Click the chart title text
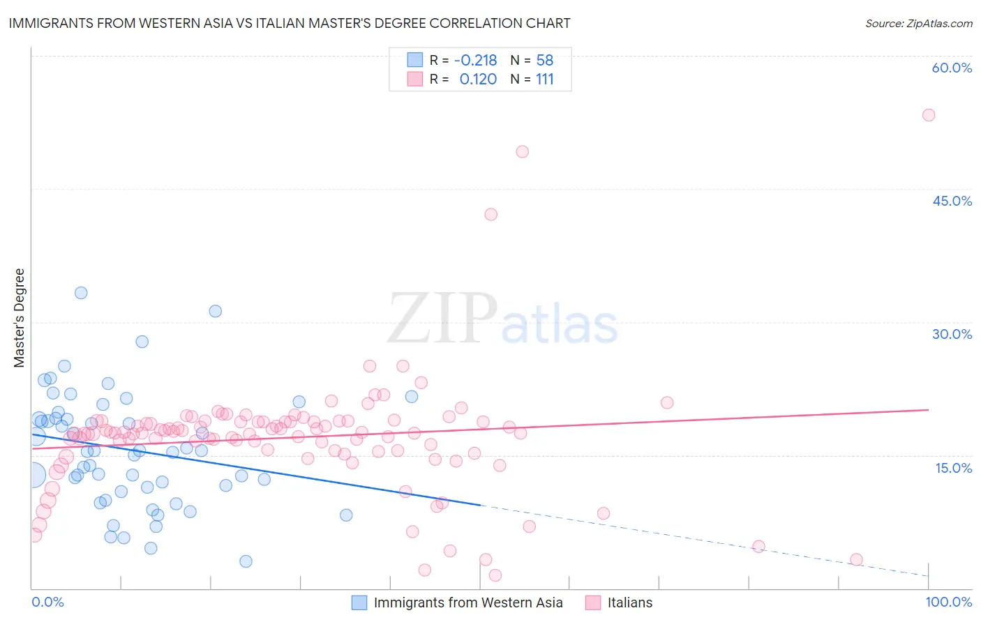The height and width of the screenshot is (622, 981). click(x=290, y=24)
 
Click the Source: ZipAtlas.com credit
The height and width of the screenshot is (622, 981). click(x=918, y=24)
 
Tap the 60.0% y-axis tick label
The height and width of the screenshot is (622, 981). click(x=952, y=68)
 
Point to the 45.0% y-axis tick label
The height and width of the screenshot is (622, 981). click(x=952, y=201)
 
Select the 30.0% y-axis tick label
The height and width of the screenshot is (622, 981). click(x=952, y=334)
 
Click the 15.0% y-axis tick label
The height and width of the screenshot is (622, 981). click(x=953, y=468)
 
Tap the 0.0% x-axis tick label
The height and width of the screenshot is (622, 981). click(x=47, y=602)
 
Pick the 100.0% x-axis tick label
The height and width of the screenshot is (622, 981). click(x=948, y=602)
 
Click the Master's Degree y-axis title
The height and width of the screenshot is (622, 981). click(x=20, y=318)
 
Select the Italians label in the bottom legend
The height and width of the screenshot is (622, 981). click(x=629, y=602)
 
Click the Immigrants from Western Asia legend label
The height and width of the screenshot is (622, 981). click(x=467, y=602)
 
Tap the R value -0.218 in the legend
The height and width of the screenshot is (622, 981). click(x=475, y=60)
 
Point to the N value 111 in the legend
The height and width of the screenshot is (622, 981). click(x=544, y=79)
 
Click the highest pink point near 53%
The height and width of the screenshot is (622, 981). click(x=928, y=115)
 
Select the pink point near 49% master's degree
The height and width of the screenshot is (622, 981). click(x=522, y=151)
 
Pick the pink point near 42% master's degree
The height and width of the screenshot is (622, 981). click(x=490, y=215)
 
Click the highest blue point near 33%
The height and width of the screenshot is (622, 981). click(x=81, y=293)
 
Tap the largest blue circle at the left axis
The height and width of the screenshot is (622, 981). click(x=33, y=476)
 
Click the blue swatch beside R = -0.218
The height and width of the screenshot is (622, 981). click(x=415, y=60)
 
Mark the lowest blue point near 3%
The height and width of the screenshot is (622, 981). click(x=246, y=561)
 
